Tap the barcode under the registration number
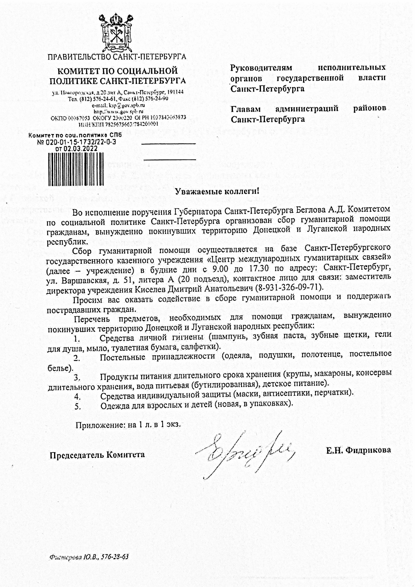click(76, 169)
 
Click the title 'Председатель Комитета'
click(97, 454)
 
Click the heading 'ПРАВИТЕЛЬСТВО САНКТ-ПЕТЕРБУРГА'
click(117, 57)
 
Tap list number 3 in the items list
click(77, 378)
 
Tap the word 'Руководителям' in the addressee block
click(261, 67)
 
